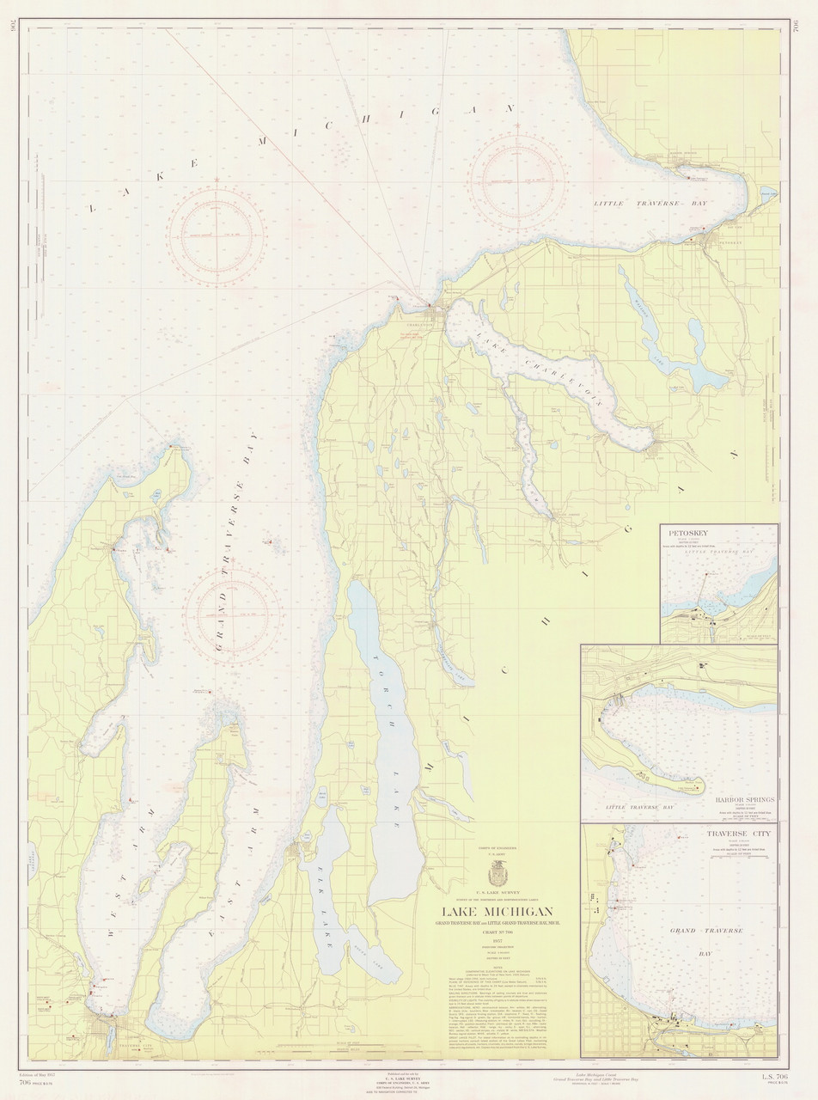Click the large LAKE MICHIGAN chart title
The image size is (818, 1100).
point(498,912)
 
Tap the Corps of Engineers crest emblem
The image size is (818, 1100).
point(498,875)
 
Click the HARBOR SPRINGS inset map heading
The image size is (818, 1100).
point(744,798)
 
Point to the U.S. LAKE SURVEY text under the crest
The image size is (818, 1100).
point(498,894)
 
